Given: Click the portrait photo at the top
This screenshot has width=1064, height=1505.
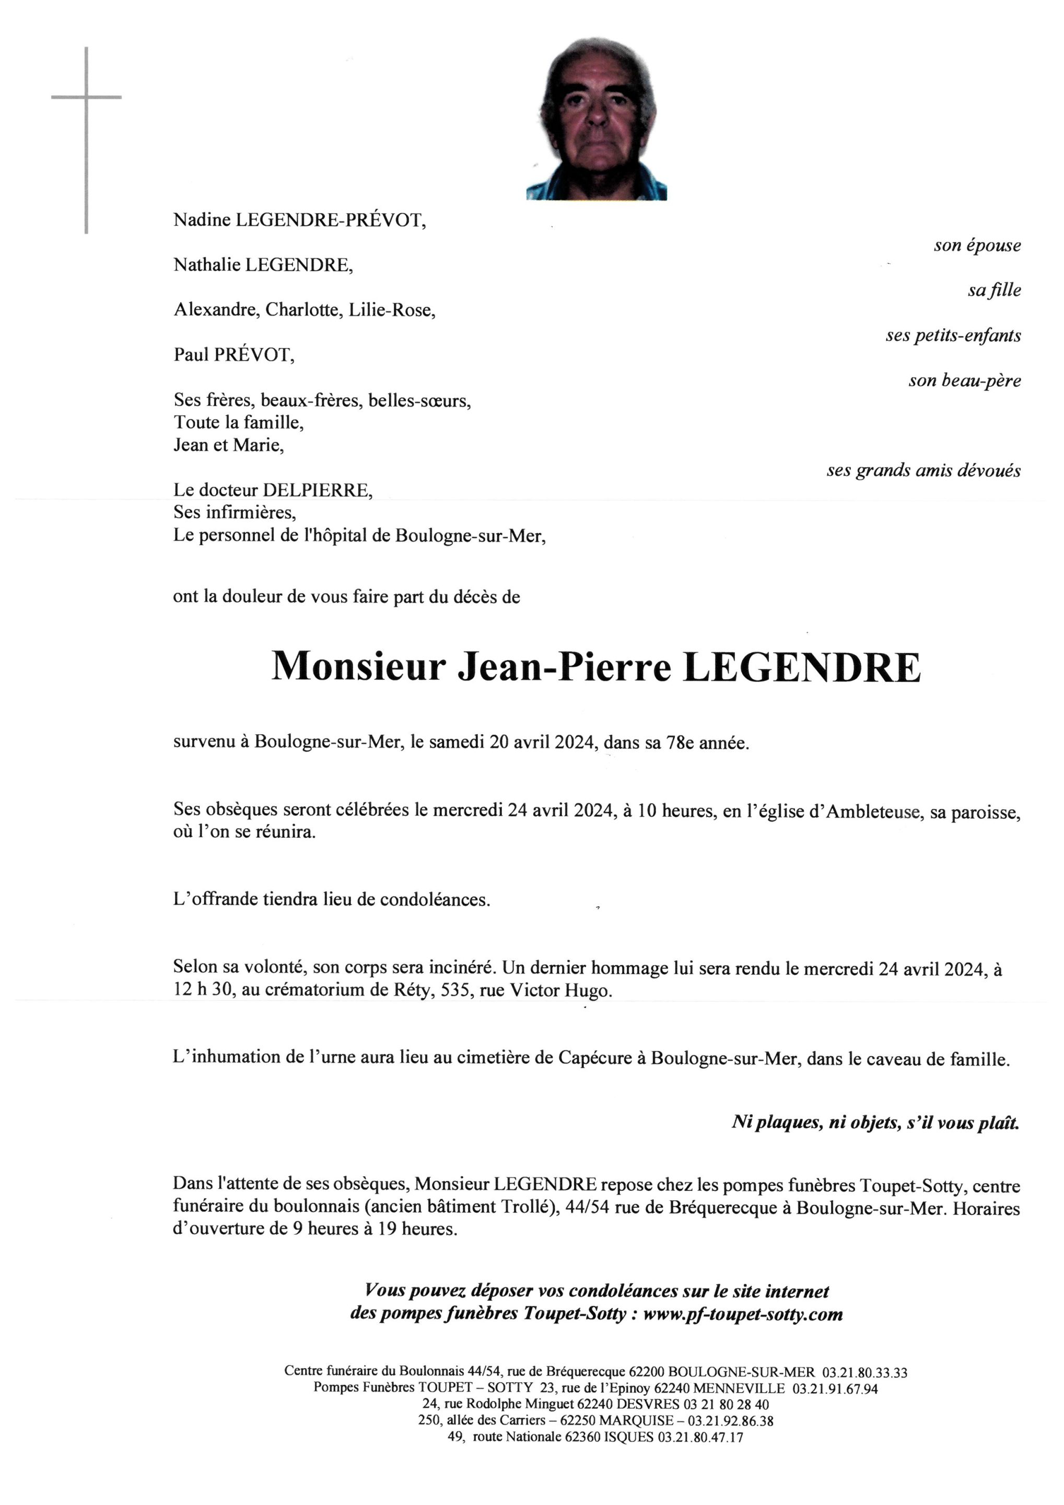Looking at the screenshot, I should (596, 119).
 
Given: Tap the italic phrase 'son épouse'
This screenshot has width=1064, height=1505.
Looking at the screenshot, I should (977, 246).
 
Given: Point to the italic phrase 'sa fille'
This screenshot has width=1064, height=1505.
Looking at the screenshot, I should (994, 291).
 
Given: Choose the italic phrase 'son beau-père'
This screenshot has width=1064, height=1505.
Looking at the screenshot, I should (964, 381).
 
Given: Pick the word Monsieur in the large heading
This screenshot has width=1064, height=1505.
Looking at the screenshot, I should (358, 667).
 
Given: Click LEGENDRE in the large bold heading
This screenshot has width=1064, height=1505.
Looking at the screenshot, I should (801, 667).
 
